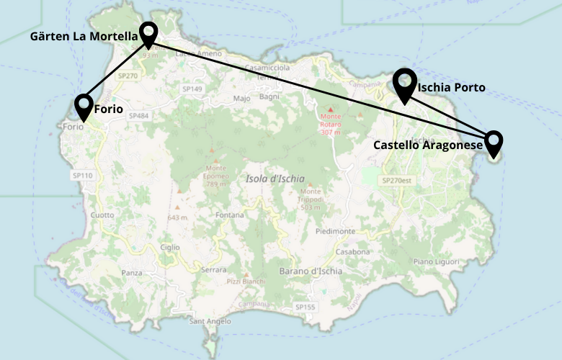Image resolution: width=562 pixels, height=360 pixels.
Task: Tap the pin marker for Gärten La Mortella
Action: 148,33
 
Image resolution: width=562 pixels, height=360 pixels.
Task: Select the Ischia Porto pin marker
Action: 405,84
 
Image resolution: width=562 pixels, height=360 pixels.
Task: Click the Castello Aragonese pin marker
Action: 494,143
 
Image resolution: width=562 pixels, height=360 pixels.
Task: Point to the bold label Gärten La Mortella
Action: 84,36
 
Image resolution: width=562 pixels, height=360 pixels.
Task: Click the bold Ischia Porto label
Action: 452,88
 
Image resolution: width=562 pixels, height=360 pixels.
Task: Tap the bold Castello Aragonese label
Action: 427,145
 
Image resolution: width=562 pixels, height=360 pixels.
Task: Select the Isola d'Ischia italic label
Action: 275,179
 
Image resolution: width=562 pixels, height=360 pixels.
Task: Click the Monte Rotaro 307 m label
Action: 331,124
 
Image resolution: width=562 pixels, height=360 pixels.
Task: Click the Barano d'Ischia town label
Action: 311,272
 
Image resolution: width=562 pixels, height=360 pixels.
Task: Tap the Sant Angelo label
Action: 208,321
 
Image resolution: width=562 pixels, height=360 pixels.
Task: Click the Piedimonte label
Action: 335,231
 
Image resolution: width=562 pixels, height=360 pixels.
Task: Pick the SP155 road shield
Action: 305,307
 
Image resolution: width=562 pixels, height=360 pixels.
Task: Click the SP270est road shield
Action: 396,181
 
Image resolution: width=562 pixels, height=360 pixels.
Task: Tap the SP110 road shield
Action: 82,175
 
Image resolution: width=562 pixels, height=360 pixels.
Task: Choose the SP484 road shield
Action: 140,116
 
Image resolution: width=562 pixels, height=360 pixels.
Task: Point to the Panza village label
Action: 132,273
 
